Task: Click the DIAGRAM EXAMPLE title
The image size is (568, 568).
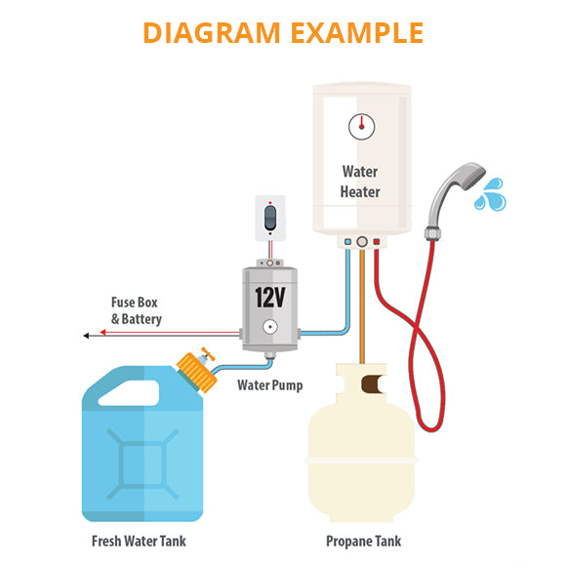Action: [283, 31]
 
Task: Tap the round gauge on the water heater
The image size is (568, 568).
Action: [360, 125]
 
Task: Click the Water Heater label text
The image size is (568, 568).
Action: [360, 182]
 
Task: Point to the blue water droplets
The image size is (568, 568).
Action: [488, 194]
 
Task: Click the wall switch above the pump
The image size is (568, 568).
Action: [270, 218]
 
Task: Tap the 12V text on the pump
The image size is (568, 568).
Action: [270, 298]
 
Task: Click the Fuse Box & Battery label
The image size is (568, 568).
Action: [136, 311]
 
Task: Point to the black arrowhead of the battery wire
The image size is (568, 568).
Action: [88, 336]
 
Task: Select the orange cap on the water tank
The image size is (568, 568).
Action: [196, 372]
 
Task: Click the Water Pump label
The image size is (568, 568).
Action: [270, 385]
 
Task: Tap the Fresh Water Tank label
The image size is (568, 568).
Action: [138, 542]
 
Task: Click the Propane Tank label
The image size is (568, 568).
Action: [363, 542]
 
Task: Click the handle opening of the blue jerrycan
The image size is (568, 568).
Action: [131, 392]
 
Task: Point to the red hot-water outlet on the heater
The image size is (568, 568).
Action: [377, 241]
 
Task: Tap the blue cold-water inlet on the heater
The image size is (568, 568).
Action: [346, 241]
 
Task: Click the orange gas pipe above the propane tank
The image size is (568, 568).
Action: [362, 312]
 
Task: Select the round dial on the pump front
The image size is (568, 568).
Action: [269, 329]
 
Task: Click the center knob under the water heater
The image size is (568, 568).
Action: [362, 241]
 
